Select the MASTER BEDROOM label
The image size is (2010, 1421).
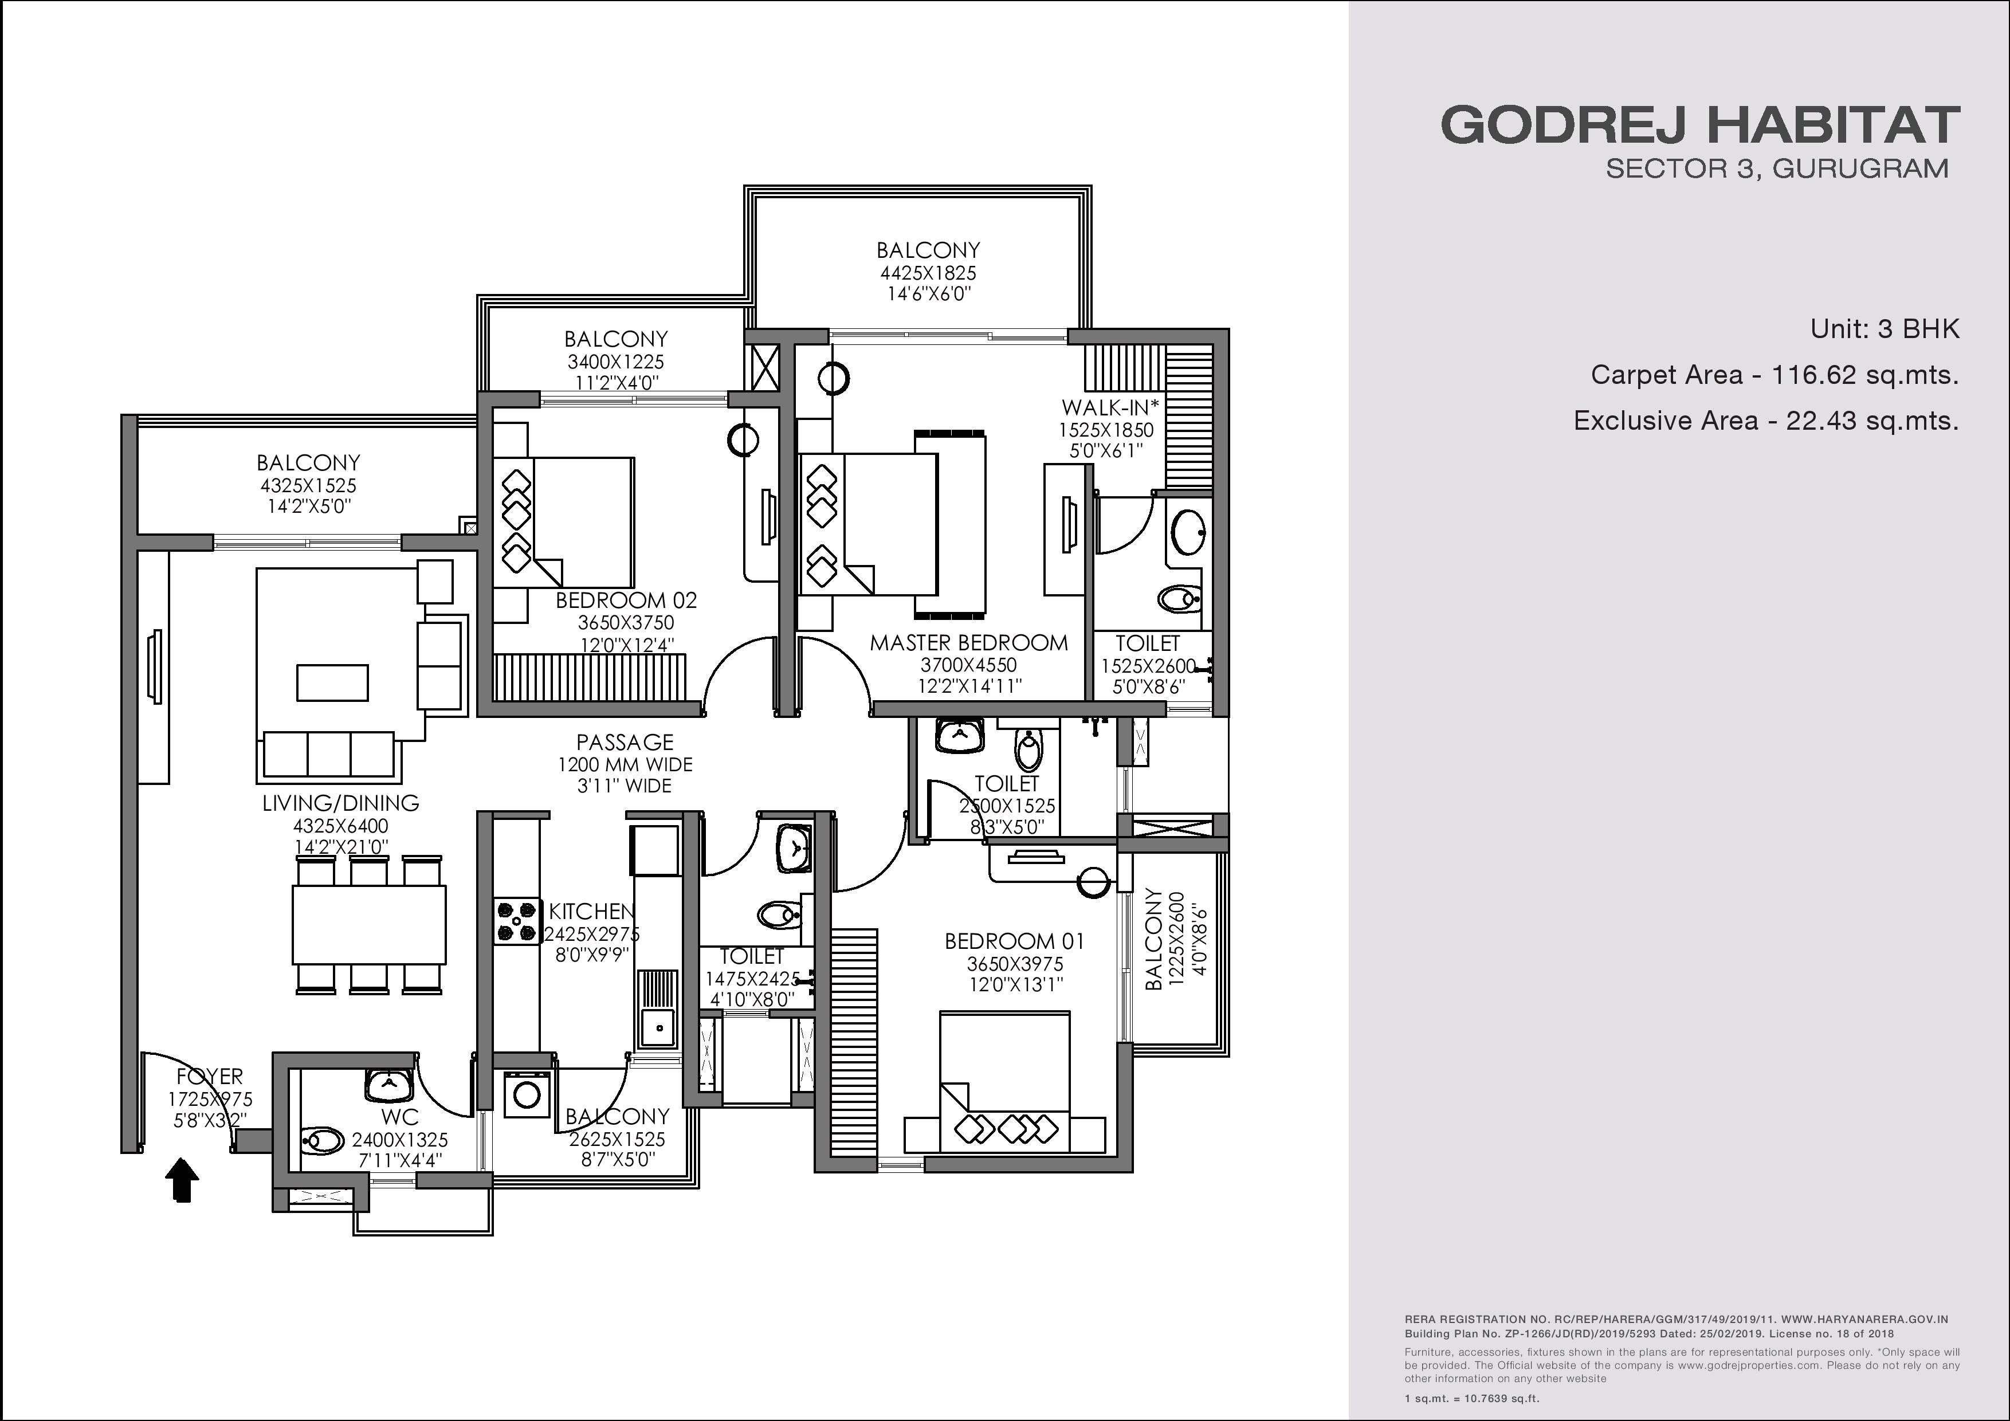(969, 643)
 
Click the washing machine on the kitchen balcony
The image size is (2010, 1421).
(526, 1094)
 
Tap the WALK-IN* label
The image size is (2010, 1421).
(1110, 407)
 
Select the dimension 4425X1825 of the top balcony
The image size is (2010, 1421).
(928, 272)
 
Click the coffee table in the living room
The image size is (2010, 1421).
(333, 683)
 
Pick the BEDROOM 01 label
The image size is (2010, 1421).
(1015, 941)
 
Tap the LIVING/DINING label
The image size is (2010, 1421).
(340, 803)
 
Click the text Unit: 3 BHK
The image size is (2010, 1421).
(1885, 329)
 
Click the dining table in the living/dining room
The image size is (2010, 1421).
(368, 924)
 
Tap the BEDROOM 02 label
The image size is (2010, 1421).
(626, 600)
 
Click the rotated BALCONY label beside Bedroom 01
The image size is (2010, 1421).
(1154, 940)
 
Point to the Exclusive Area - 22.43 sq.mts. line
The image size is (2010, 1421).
(1766, 421)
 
